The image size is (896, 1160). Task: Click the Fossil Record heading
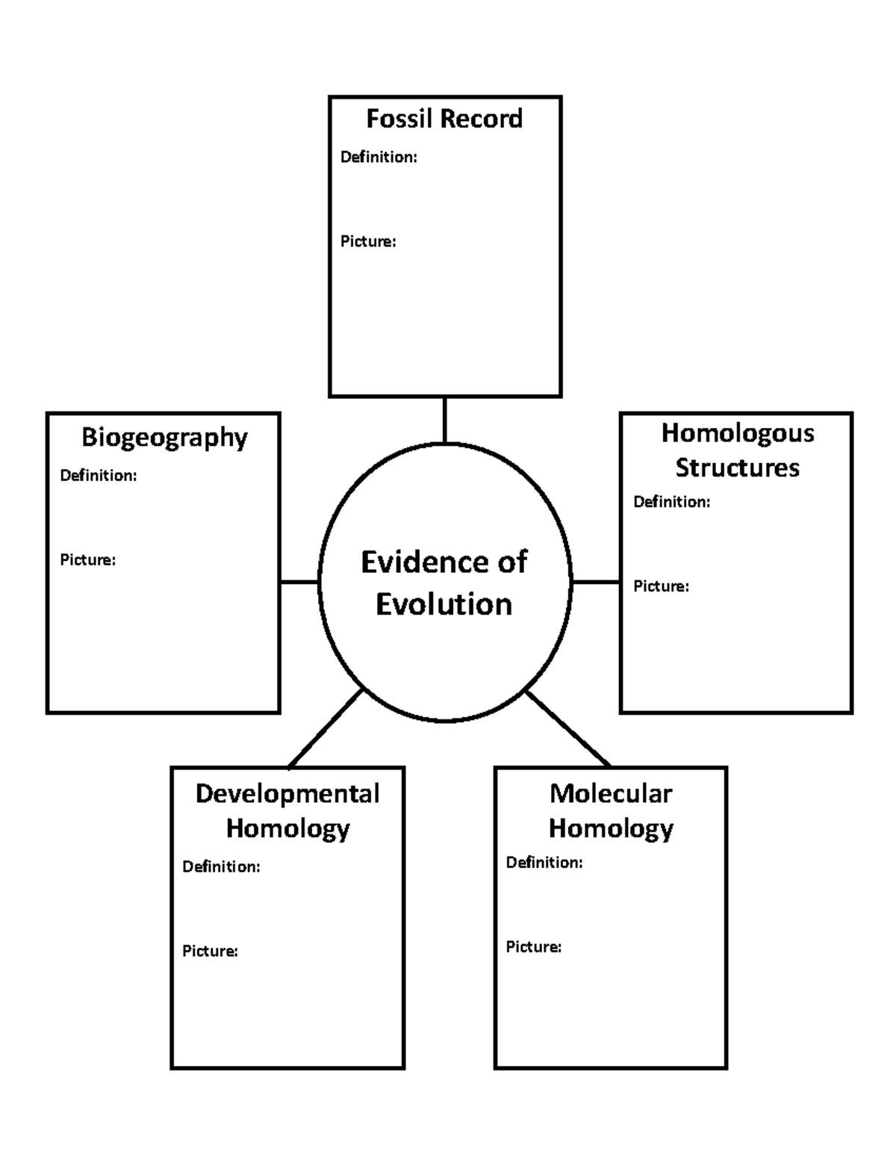coord(444,119)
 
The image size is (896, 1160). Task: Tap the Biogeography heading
coord(164,438)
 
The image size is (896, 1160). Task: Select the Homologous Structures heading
coord(738,450)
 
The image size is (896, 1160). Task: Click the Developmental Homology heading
coord(287,811)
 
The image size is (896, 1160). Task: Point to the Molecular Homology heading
coord(611,811)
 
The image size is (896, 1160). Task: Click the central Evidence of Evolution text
coord(444,583)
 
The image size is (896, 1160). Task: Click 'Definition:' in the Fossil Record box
coord(379,157)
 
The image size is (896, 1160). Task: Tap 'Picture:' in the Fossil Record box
coord(368,241)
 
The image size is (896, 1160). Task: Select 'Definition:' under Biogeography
coord(99,475)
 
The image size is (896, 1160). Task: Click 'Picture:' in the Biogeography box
coord(87,559)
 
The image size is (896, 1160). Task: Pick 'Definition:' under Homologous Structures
coord(672,502)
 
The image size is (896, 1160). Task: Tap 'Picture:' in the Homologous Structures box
coord(662,586)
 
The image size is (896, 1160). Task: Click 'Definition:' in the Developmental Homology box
coord(221,866)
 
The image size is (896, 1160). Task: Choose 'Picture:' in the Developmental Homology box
coord(211,951)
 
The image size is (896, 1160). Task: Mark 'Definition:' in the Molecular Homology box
coord(544,862)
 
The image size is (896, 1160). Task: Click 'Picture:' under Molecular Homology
coord(534,946)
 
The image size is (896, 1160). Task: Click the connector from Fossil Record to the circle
coord(444,420)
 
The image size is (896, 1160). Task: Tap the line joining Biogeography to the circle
coord(299,581)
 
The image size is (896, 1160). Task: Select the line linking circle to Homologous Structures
coord(596,581)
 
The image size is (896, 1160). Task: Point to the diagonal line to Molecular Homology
coord(568,729)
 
